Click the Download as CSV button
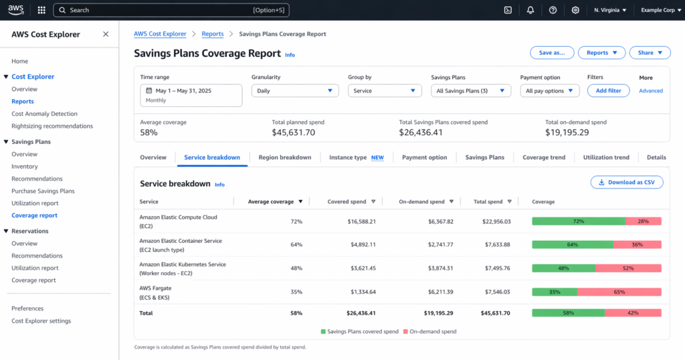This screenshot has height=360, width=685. click(627, 182)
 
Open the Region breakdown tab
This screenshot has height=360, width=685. click(285, 158)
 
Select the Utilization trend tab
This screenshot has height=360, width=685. click(606, 158)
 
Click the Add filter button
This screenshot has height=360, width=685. click(608, 91)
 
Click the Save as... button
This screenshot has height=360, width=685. click(551, 53)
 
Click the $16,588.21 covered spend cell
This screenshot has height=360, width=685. click(358, 221)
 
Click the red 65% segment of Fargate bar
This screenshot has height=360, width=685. click(619, 292)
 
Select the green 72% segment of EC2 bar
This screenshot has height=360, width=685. click(579, 221)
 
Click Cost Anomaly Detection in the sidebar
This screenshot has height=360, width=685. click(44, 114)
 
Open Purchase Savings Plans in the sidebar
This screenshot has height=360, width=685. click(43, 191)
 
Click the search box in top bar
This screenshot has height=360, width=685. click(174, 10)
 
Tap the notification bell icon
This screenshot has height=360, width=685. click(530, 10)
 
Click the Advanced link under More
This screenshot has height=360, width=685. click(650, 91)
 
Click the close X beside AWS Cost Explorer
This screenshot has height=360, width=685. click(106, 34)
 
